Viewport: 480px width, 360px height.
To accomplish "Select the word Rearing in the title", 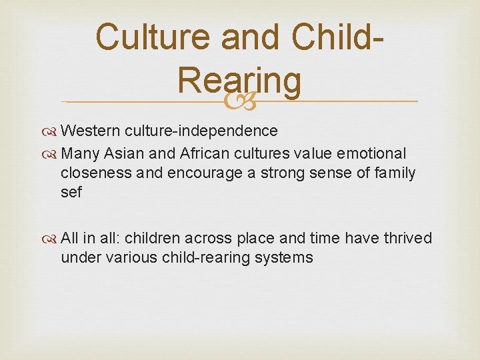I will (239, 81).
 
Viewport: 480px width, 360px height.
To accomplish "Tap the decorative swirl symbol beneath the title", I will (239, 101).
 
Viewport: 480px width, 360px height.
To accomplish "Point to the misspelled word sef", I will (71, 193).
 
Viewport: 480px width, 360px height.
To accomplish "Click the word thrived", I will (407, 238).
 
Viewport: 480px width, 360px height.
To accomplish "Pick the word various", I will (131, 257).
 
